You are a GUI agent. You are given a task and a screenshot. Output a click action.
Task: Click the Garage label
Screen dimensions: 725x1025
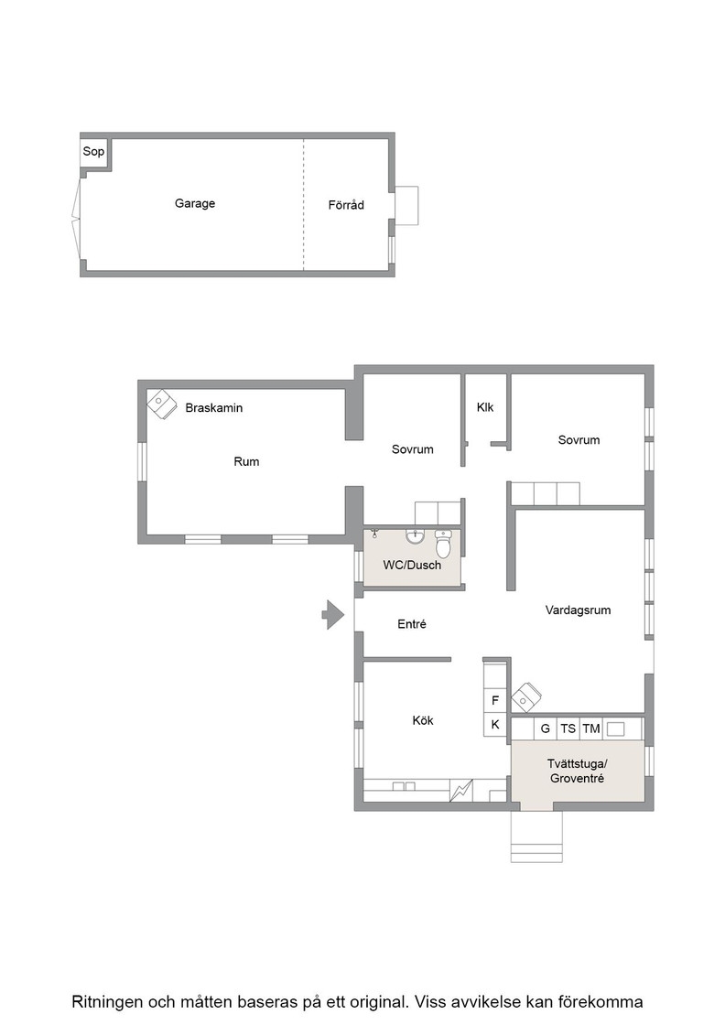tap(195, 203)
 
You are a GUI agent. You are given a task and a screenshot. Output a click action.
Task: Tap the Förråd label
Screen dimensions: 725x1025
tap(346, 205)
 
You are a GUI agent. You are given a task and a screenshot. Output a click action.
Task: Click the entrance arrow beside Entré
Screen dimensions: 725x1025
tap(333, 615)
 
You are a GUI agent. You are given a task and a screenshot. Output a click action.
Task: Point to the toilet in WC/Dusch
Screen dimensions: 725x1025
tap(443, 544)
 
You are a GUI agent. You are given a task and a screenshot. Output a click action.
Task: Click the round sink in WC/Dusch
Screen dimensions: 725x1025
tap(415, 536)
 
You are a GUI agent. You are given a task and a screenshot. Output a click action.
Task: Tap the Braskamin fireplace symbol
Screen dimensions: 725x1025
tap(162, 404)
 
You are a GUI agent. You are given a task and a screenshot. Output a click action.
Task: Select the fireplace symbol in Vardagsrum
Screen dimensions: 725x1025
tap(526, 697)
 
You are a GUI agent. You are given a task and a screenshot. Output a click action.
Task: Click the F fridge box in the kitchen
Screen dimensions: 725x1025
tap(495, 701)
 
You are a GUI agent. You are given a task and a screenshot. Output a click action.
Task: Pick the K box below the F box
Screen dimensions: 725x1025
tap(495, 724)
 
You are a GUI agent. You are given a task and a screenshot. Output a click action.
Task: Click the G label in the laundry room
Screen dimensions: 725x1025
tap(546, 728)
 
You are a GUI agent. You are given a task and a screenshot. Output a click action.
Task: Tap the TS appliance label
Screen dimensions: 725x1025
tap(568, 728)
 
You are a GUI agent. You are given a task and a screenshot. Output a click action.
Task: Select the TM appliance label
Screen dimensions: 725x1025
tap(591, 728)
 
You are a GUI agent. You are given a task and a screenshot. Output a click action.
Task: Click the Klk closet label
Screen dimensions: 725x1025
tap(485, 407)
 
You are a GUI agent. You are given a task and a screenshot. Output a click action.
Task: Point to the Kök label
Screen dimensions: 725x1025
tap(423, 720)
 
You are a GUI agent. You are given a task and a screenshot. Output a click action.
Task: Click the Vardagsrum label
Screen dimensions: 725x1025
tap(578, 610)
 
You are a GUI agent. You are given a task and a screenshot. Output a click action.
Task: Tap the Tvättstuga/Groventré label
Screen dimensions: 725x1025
tap(578, 771)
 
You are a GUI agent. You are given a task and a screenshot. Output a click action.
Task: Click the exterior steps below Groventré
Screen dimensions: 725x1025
tap(536, 837)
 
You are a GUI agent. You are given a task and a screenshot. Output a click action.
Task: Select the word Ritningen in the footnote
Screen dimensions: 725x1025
tap(106, 1001)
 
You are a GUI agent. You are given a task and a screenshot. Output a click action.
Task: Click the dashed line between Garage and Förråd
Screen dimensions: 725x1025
tap(303, 205)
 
